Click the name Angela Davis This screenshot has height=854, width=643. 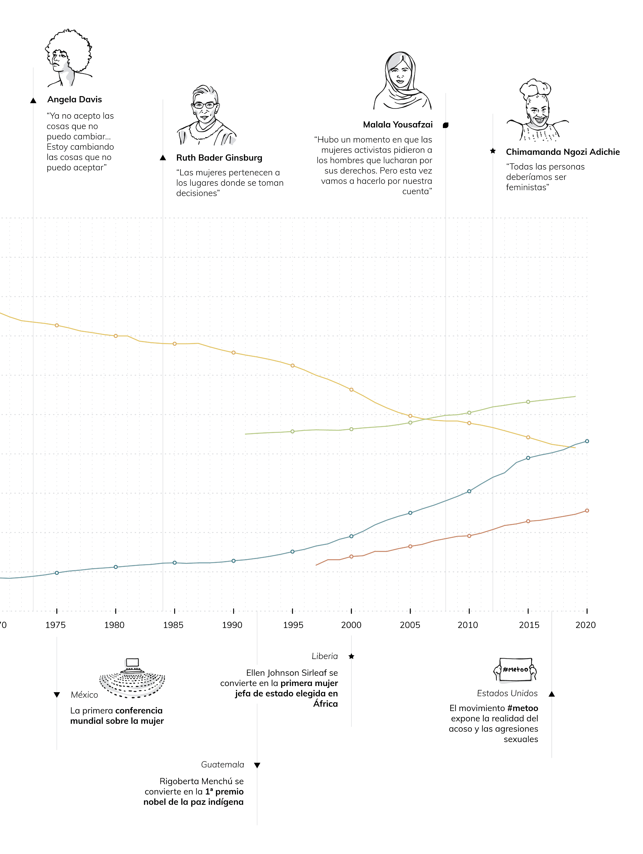[74, 100]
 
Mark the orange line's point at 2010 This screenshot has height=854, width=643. [469, 536]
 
